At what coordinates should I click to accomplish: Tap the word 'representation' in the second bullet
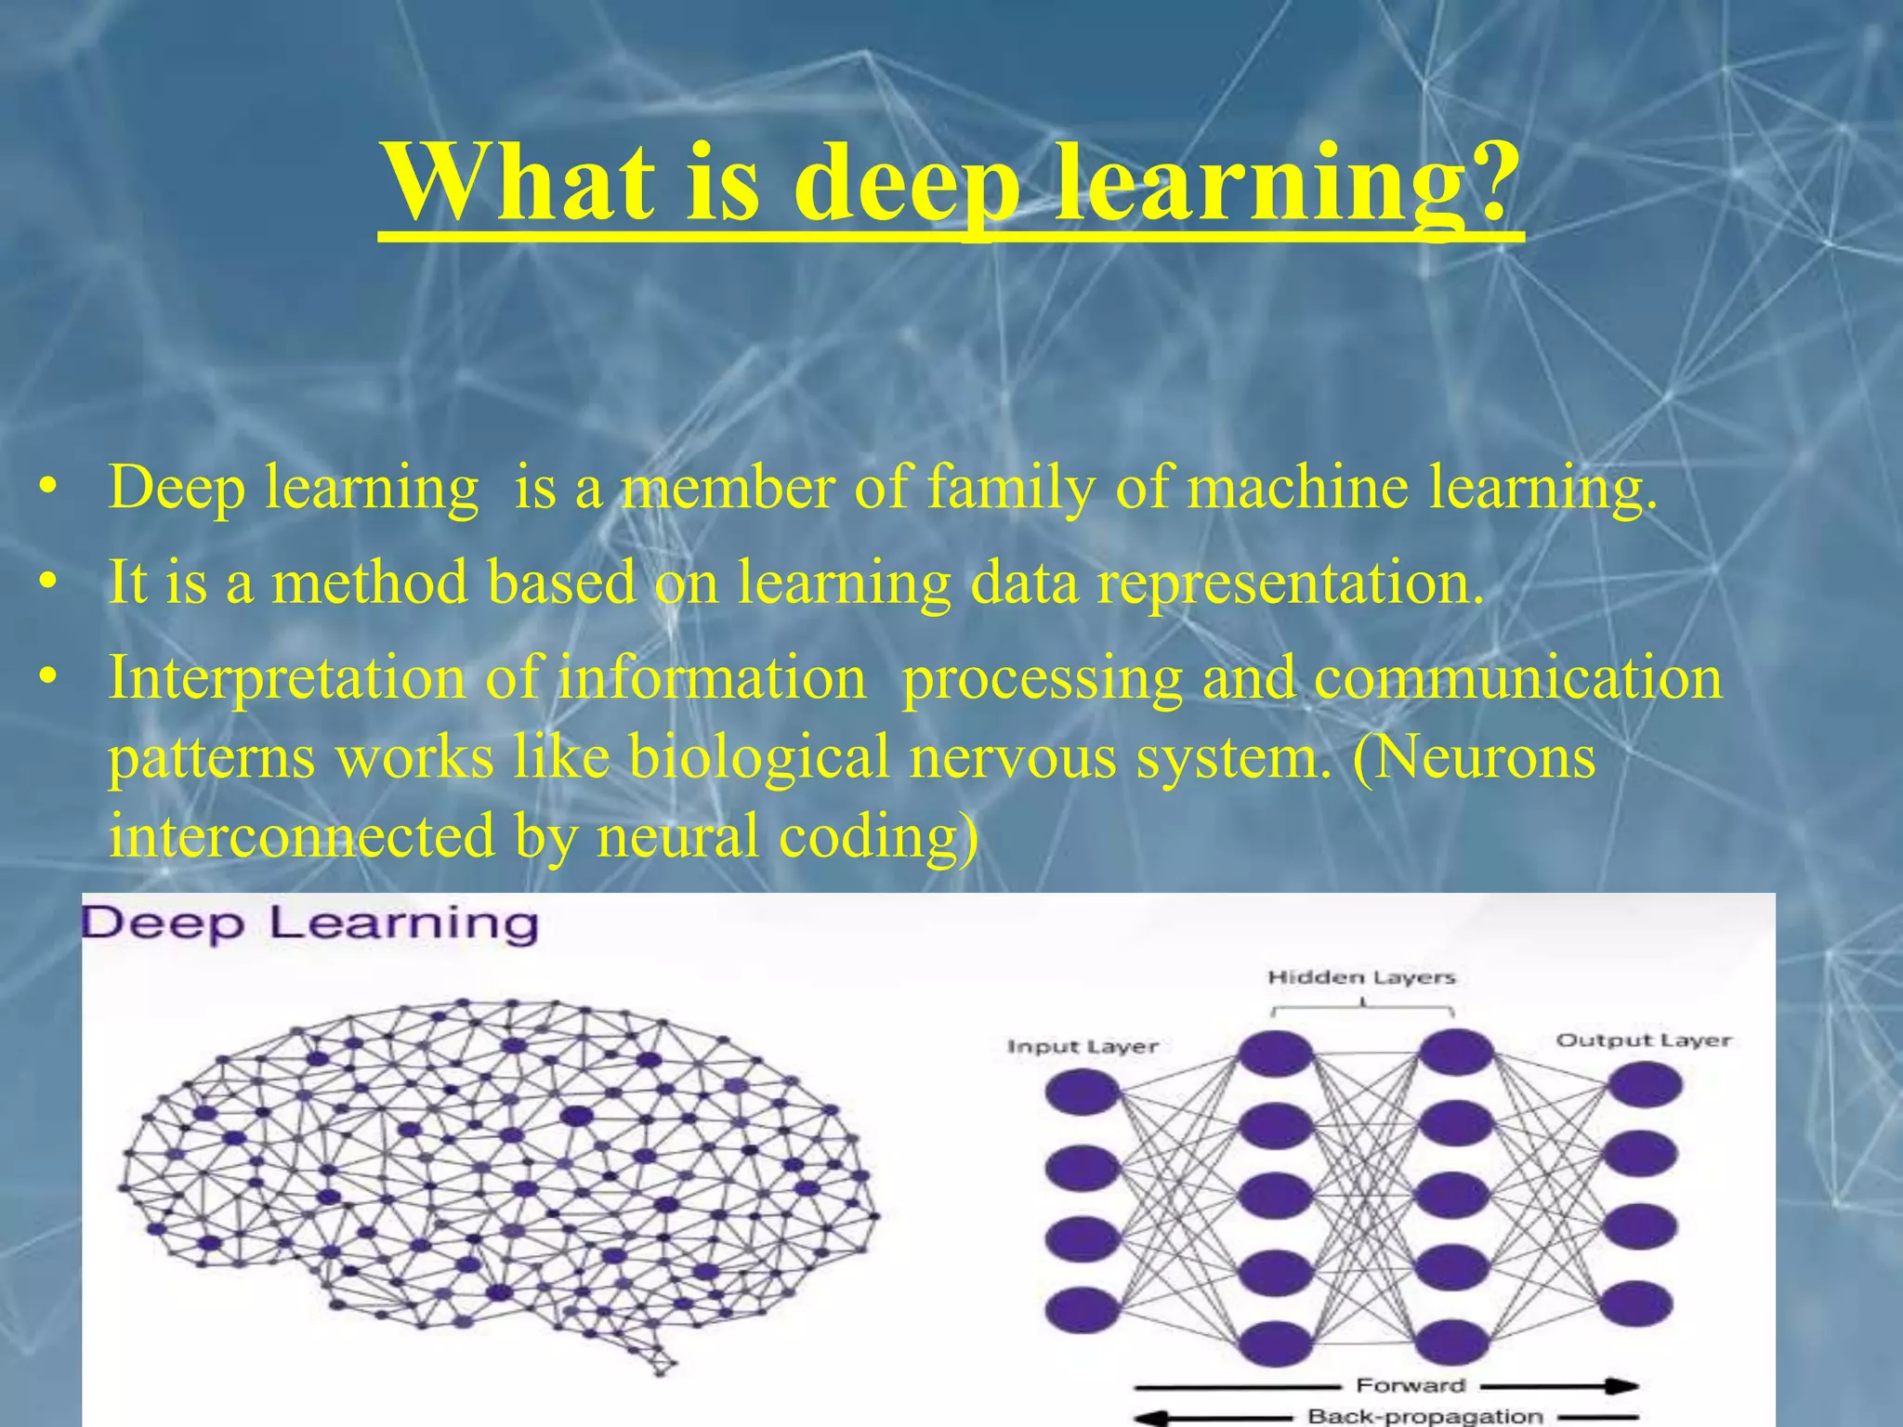[1290, 583]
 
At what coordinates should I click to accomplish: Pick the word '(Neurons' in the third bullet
[1474, 756]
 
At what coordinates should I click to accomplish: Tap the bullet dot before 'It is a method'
[50, 583]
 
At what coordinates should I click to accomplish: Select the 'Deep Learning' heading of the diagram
[310, 924]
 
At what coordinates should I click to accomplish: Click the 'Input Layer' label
[1083, 1047]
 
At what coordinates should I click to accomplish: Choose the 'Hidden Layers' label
[1361, 977]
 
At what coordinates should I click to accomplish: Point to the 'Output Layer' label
[1644, 1041]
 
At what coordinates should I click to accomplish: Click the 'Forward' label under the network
[1411, 1385]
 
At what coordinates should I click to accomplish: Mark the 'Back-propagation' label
[1424, 1417]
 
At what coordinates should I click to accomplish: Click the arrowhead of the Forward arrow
[1621, 1386]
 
